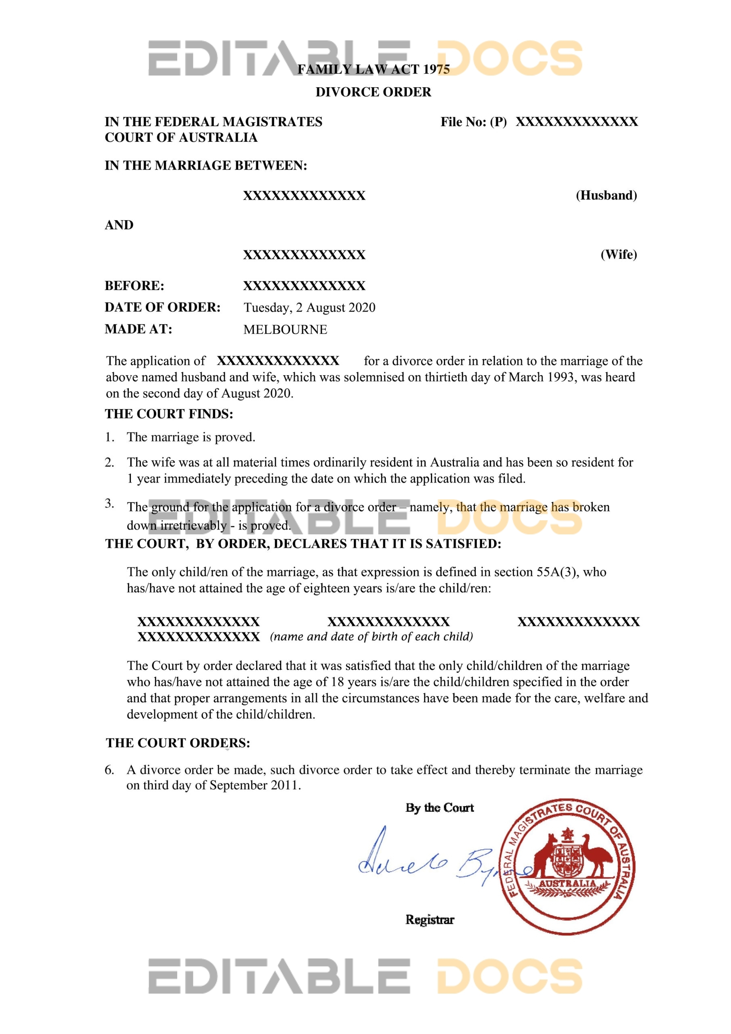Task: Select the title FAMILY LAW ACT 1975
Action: (374, 69)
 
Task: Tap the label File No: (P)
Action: (473, 122)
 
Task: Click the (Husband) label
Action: (606, 195)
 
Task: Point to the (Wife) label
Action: (618, 254)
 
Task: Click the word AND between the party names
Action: (119, 225)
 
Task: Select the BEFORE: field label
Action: (134, 286)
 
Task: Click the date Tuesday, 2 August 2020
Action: (309, 308)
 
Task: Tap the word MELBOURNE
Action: (285, 330)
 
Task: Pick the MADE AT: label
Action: (138, 329)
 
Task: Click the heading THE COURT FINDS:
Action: (169, 414)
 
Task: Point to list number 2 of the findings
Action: (109, 462)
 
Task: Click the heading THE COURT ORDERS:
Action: (178, 743)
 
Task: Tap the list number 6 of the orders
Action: (109, 770)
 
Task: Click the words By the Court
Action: (439, 807)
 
